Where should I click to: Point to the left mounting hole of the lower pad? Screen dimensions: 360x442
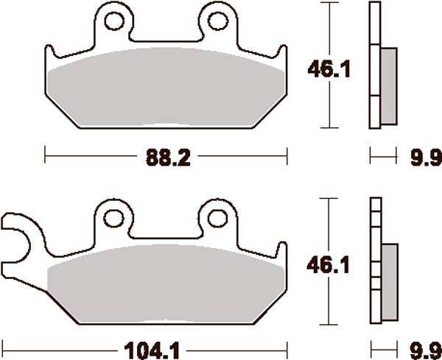tap(115, 218)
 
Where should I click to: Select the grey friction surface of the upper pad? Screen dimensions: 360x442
tap(166, 89)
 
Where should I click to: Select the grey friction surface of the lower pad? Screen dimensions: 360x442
tap(166, 283)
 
